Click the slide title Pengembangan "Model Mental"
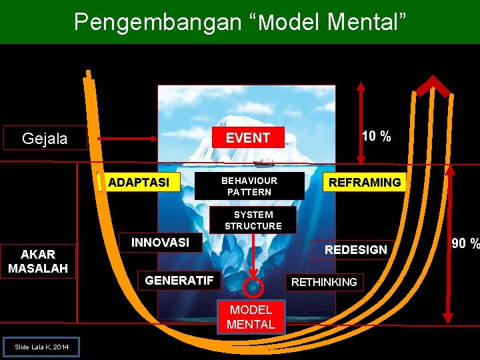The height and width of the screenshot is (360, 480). (x=239, y=22)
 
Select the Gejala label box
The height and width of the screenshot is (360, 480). (x=45, y=138)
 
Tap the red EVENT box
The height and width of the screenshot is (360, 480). (x=248, y=138)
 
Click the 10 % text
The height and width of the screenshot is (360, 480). (x=376, y=137)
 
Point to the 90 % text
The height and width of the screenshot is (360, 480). (x=465, y=244)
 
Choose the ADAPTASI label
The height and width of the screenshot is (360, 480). (x=139, y=182)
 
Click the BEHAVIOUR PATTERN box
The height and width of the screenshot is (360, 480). (x=249, y=186)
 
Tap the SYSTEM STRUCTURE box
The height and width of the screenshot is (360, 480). (x=253, y=220)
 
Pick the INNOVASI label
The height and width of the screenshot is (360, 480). (x=160, y=243)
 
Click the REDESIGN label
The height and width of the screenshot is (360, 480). (x=355, y=249)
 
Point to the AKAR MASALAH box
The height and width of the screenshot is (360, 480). (x=38, y=261)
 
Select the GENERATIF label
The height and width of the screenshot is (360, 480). (x=179, y=281)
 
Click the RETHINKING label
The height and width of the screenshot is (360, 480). (x=324, y=282)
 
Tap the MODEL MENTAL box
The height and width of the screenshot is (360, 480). (x=251, y=317)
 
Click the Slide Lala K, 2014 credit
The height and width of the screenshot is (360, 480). (x=41, y=347)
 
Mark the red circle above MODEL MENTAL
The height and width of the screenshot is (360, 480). (x=253, y=287)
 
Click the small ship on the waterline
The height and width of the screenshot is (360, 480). (x=264, y=162)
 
